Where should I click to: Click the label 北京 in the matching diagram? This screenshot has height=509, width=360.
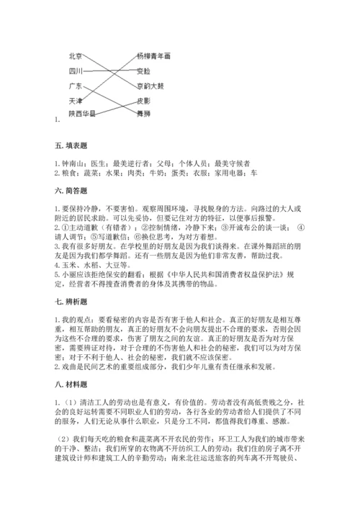[75, 56]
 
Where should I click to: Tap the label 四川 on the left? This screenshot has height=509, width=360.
[75, 71]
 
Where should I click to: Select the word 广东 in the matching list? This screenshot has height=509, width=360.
[75, 85]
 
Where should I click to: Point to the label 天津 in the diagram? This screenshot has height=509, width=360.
[75, 99]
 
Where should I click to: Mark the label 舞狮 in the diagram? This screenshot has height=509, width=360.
[143, 113]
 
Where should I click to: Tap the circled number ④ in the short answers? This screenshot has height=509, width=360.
[301, 228]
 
